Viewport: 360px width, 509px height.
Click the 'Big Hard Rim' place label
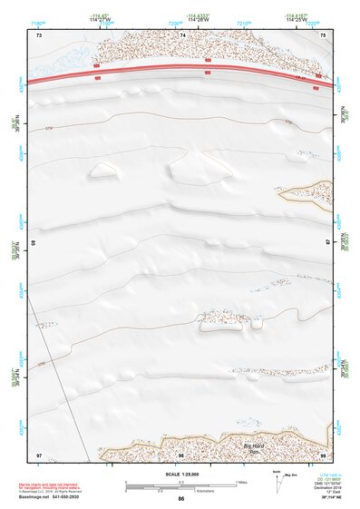(258, 445)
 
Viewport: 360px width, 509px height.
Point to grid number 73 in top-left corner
(38, 34)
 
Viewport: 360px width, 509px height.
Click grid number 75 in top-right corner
(325, 34)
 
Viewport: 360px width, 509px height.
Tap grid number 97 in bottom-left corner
(38, 454)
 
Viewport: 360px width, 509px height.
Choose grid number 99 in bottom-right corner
(323, 454)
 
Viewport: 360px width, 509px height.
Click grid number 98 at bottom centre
(180, 454)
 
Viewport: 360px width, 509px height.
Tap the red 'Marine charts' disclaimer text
(52, 486)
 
